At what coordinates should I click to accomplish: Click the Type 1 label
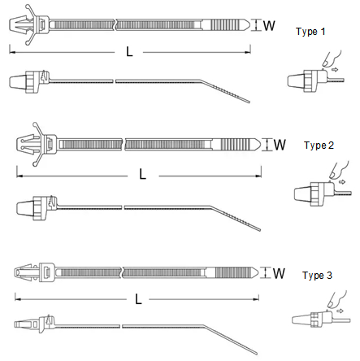coord(310,32)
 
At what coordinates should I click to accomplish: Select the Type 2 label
coord(319,146)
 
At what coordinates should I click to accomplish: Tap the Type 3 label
coord(317,276)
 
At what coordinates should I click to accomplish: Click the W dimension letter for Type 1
coord(269,25)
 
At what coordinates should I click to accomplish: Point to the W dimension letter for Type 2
coord(280,145)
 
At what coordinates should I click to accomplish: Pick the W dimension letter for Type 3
coord(279,273)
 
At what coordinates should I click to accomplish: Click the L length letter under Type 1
coord(129,51)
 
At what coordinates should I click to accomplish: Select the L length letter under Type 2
coord(142,174)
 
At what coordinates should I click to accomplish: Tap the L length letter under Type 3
coord(138,299)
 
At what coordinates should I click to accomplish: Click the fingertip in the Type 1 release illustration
coord(326,63)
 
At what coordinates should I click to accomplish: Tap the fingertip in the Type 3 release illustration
coord(331,304)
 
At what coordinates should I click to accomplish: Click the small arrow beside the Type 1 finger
coord(336,70)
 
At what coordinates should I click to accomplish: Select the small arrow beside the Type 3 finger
coord(340,311)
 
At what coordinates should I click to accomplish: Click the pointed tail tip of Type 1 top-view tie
coord(249,25)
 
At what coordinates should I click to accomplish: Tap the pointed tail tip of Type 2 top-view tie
coord(260,145)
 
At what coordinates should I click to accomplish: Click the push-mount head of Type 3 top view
coord(26,272)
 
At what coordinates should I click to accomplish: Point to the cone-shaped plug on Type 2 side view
coord(25,207)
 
